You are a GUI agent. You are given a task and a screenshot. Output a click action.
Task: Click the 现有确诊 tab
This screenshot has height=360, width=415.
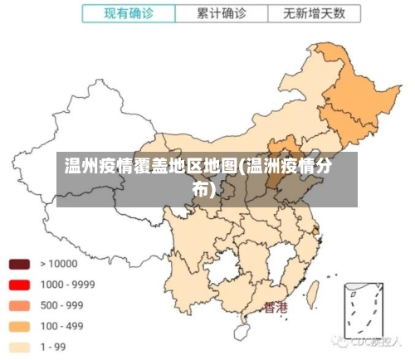click(129, 14)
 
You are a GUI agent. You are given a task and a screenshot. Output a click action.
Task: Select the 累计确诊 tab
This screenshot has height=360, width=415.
click(222, 14)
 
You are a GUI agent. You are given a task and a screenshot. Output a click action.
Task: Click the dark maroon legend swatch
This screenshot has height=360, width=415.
click(19, 265)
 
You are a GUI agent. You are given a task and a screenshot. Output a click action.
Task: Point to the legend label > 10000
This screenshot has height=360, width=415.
click(58, 265)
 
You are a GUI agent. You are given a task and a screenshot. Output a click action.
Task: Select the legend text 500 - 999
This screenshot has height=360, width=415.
click(61, 305)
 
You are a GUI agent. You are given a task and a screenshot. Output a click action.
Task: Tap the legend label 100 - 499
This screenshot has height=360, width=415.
click(61, 326)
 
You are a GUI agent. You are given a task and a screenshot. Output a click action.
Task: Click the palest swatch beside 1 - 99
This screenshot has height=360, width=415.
click(19, 347)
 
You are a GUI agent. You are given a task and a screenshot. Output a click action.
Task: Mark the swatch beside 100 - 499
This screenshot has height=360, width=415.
click(19, 326)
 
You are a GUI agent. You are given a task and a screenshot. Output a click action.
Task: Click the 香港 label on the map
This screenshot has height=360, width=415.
click(276, 308)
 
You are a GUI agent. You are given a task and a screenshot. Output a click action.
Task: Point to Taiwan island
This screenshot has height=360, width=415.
click(313, 292)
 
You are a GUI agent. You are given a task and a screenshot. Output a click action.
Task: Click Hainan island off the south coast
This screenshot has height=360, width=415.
click(242, 330)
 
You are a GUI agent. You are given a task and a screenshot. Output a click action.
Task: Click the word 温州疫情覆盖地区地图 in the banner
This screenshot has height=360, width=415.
click(150, 166)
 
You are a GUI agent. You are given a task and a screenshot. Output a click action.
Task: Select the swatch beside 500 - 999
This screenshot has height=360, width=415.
click(19, 305)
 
